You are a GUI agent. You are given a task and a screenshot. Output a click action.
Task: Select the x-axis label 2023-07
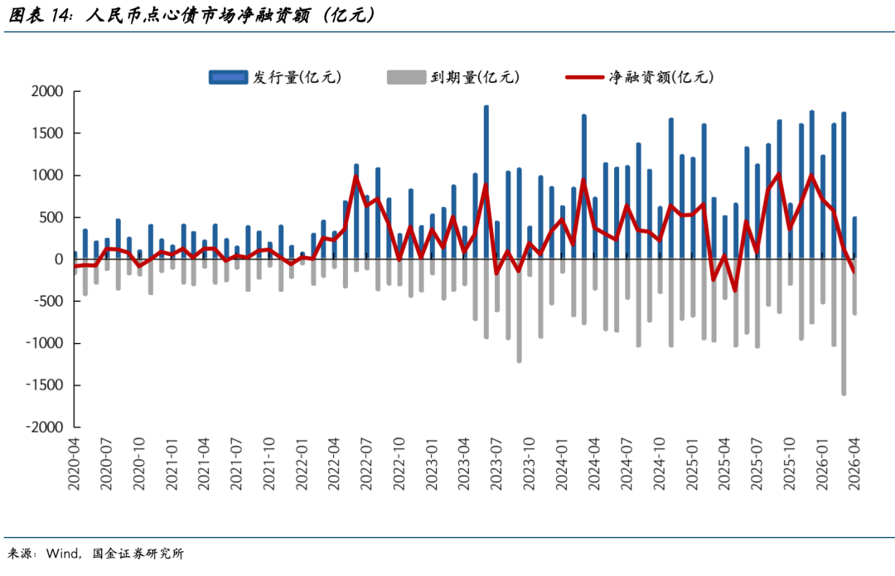tap(496, 466)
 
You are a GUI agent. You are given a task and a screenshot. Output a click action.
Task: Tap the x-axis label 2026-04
tap(854, 466)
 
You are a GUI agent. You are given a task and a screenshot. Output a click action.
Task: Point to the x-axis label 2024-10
tap(660, 466)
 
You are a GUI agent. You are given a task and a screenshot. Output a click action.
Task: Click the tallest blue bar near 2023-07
tap(486, 182)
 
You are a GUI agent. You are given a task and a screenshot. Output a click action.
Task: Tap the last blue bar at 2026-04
tap(854, 238)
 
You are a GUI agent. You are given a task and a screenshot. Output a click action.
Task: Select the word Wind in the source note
tap(64, 554)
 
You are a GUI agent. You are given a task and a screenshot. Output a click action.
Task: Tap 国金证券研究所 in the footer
tap(138, 554)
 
